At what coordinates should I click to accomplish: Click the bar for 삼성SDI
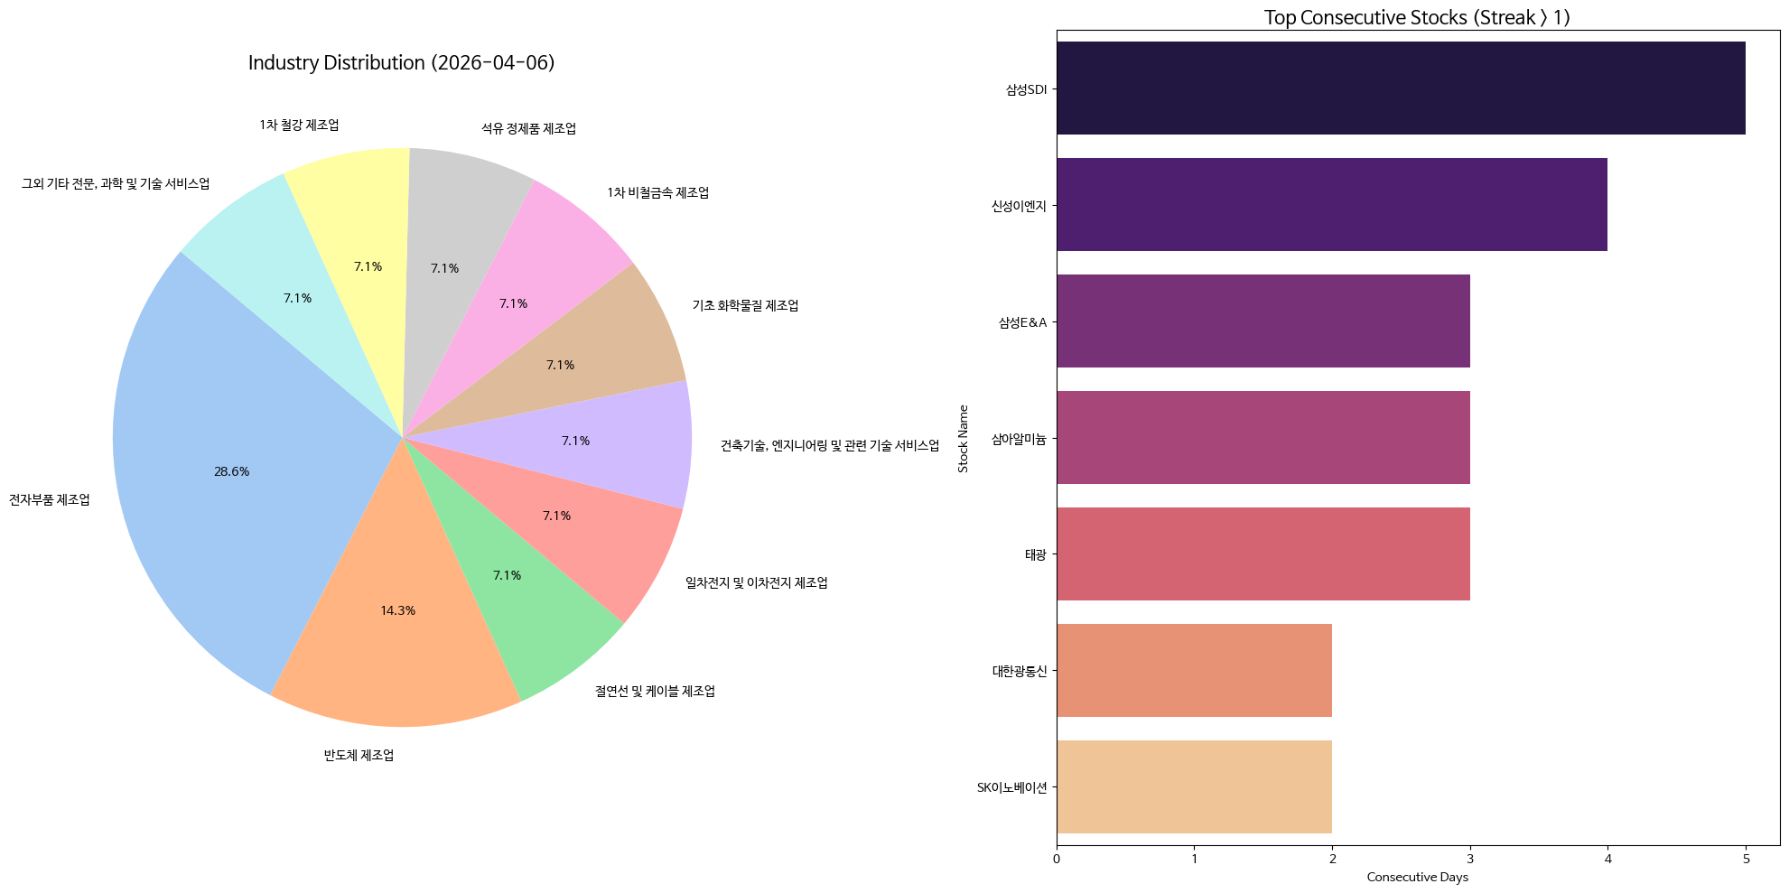click(x=1400, y=88)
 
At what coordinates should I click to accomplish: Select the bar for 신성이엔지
click(x=1331, y=205)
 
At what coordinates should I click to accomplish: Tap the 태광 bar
click(x=1263, y=554)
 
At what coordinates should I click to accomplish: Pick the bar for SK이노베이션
click(x=1194, y=787)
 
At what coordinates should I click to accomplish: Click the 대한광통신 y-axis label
click(x=1019, y=671)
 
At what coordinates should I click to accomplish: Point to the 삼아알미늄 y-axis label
click(x=1019, y=439)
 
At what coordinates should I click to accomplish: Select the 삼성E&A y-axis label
click(x=1022, y=322)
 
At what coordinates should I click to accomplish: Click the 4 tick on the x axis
click(x=1607, y=859)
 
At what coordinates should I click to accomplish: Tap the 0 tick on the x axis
click(x=1057, y=859)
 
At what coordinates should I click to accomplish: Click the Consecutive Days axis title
click(x=1417, y=878)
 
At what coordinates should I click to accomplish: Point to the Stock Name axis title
click(x=963, y=438)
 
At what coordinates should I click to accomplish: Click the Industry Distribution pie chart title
click(x=401, y=63)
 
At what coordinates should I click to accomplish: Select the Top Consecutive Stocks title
click(x=1417, y=18)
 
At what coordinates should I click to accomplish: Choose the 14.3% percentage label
click(x=397, y=611)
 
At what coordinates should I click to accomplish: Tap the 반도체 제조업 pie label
click(x=359, y=756)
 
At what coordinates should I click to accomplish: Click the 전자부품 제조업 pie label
click(x=50, y=500)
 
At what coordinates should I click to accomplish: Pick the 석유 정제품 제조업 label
click(x=528, y=129)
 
